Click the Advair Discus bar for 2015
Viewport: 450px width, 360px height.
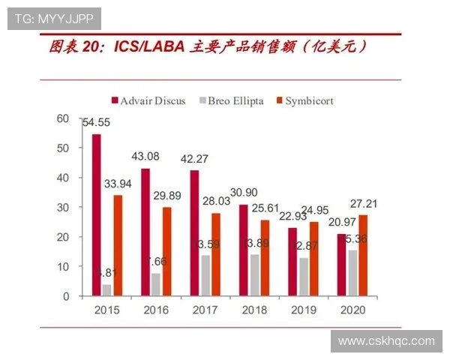(x=96, y=215)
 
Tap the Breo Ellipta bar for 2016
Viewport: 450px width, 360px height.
(x=156, y=285)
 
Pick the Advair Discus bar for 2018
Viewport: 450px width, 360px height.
(x=243, y=250)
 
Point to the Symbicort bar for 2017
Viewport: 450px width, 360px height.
(x=215, y=254)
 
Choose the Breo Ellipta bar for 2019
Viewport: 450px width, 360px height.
(x=303, y=277)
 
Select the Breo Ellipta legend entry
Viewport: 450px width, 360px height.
(x=232, y=100)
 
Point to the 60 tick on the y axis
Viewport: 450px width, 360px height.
(x=62, y=118)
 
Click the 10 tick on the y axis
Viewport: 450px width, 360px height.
(x=62, y=267)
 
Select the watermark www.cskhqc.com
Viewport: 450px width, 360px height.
(x=385, y=341)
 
